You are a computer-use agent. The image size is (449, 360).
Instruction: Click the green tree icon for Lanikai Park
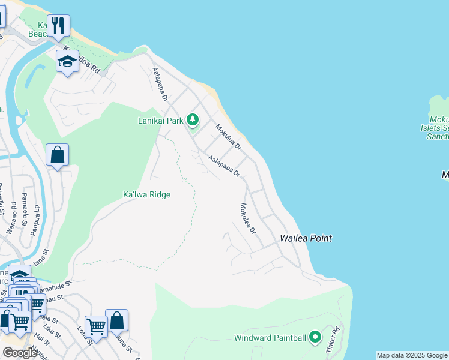coord(193,121)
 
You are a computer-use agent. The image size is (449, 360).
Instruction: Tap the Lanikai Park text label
coord(160,121)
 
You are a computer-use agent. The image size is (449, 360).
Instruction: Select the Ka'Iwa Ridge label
coord(146,194)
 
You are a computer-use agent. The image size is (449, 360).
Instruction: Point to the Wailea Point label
coord(306,238)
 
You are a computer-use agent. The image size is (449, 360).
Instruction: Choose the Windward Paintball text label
coord(270,338)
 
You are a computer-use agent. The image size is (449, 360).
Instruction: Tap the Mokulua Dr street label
coord(228,137)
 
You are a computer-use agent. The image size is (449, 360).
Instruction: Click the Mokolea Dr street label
coord(248,218)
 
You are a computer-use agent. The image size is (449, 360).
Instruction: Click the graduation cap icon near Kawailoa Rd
coord(67,61)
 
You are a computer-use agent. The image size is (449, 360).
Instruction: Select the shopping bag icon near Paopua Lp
coord(57,155)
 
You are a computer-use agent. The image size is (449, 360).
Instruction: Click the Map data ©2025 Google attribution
coord(412,355)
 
